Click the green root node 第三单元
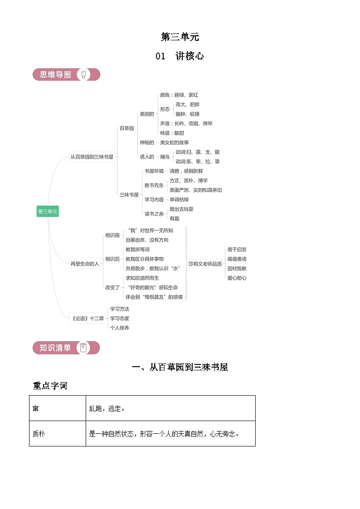click(x=48, y=211)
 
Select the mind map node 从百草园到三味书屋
click(x=92, y=157)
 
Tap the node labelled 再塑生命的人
click(x=84, y=263)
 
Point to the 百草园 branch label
click(x=126, y=128)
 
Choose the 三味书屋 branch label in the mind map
click(x=129, y=194)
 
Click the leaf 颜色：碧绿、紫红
click(x=179, y=95)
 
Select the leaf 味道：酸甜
click(x=172, y=133)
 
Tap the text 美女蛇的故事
click(x=174, y=142)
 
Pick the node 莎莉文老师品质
click(x=205, y=263)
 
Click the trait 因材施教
click(x=237, y=268)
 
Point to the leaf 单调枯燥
click(x=179, y=199)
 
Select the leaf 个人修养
click(x=119, y=328)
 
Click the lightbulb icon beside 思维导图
click(x=83, y=74)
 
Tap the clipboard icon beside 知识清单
click(x=83, y=348)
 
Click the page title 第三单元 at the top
click(x=180, y=37)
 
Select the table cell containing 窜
click(x=57, y=408)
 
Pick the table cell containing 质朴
click(x=57, y=433)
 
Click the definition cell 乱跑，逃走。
click(x=170, y=408)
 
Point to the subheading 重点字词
click(x=50, y=386)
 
